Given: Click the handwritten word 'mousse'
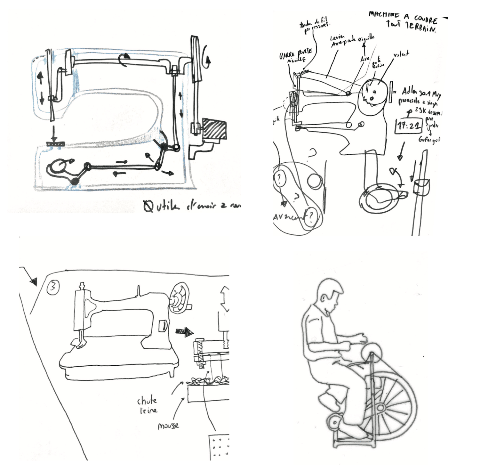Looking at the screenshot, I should tap(168, 426).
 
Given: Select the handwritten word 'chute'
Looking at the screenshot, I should tap(147, 400).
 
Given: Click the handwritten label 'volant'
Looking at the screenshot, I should tap(401, 54).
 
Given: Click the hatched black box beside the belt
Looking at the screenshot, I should tap(214, 129).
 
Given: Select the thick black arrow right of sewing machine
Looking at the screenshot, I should tap(185, 332).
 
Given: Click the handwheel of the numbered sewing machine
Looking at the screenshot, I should tap(178, 298).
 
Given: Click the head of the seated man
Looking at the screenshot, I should tap(328, 293).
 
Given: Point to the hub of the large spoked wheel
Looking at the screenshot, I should tap(381, 408).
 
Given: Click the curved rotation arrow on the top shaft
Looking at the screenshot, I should tap(125, 59).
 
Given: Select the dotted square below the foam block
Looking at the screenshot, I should tap(219, 447).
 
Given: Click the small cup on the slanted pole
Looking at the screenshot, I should tap(421, 187).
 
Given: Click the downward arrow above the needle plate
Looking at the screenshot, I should tap(54, 134).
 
